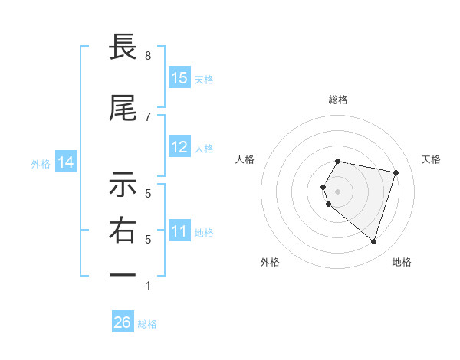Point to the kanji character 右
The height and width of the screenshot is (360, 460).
[123, 231]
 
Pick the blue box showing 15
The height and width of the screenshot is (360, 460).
[179, 78]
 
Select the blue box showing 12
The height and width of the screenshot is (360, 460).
[179, 147]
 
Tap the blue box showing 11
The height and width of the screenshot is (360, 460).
[179, 231]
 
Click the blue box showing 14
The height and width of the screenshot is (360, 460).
[65, 162]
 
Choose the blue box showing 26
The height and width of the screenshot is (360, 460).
[123, 322]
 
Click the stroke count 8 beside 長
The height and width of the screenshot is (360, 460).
[148, 56]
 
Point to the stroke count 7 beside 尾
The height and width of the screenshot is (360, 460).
[148, 116]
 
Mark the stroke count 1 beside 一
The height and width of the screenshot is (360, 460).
[148, 286]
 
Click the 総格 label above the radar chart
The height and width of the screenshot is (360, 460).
[338, 100]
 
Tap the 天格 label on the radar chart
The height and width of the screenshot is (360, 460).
[431, 159]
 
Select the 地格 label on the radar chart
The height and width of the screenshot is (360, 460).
[402, 262]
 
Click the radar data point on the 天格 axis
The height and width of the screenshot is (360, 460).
[396, 172]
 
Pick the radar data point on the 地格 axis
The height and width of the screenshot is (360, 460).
[373, 241]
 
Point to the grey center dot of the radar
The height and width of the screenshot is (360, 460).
[338, 191]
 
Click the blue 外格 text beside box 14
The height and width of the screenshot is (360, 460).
[41, 163]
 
